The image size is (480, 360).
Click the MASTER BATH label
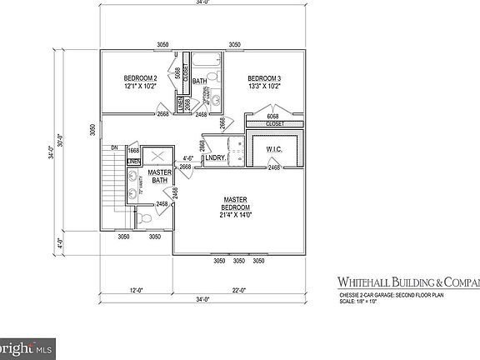click(x=159, y=177)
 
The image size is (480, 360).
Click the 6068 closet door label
click(x=272, y=116)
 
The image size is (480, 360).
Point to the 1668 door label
click(x=133, y=151)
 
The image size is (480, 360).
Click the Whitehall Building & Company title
click(x=407, y=282)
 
